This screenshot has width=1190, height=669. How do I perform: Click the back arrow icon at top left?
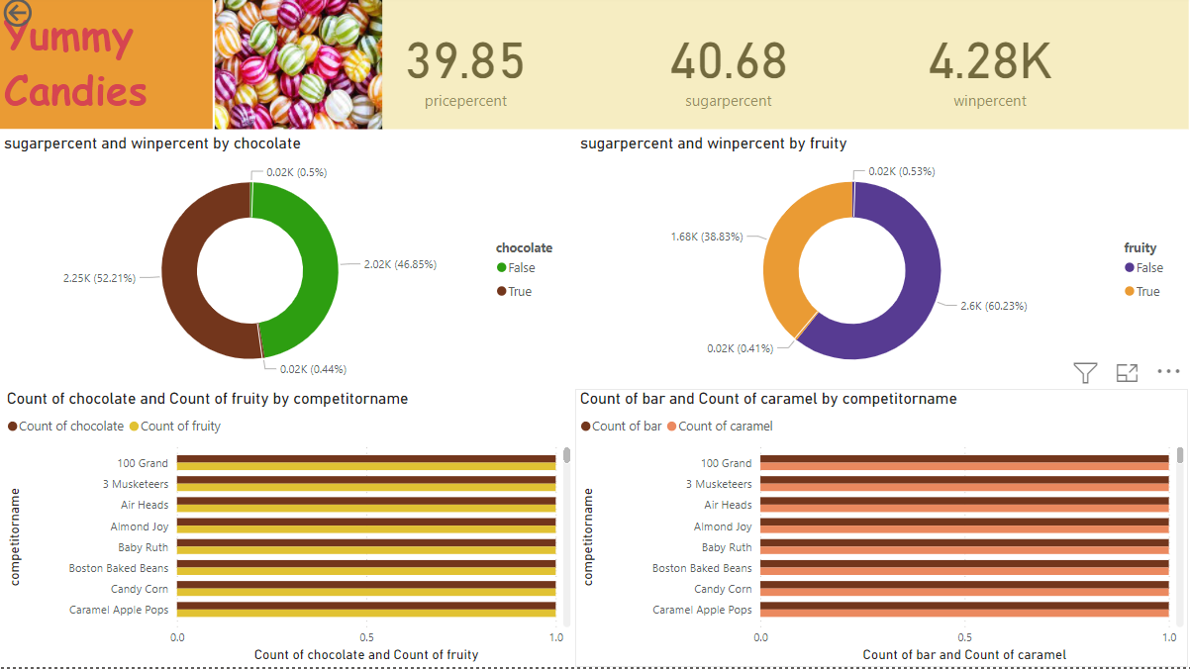pyautogui.click(x=17, y=13)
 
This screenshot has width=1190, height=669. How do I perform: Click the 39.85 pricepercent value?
pyautogui.click(x=465, y=61)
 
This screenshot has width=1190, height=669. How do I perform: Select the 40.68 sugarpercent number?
pyautogui.click(x=729, y=61)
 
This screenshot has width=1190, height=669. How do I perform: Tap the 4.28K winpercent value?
pyautogui.click(x=989, y=61)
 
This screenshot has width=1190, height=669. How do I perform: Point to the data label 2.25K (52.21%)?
pyautogui.click(x=99, y=278)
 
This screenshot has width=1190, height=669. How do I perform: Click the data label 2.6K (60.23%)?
pyautogui.click(x=993, y=306)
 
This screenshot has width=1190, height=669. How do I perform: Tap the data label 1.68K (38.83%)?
pyautogui.click(x=706, y=237)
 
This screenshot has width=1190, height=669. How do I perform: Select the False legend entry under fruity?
pyautogui.click(x=1148, y=268)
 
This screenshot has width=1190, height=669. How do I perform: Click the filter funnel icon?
pyautogui.click(x=1085, y=373)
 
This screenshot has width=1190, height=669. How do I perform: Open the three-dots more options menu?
pyautogui.click(x=1168, y=373)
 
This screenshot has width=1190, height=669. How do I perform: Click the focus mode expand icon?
pyautogui.click(x=1127, y=373)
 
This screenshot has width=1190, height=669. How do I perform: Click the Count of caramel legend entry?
pyautogui.click(x=725, y=427)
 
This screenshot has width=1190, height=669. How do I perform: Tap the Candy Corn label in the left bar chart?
pyautogui.click(x=140, y=589)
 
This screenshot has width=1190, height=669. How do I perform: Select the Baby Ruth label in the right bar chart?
pyautogui.click(x=727, y=547)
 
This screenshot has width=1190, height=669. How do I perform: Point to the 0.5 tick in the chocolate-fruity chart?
pyautogui.click(x=366, y=637)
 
